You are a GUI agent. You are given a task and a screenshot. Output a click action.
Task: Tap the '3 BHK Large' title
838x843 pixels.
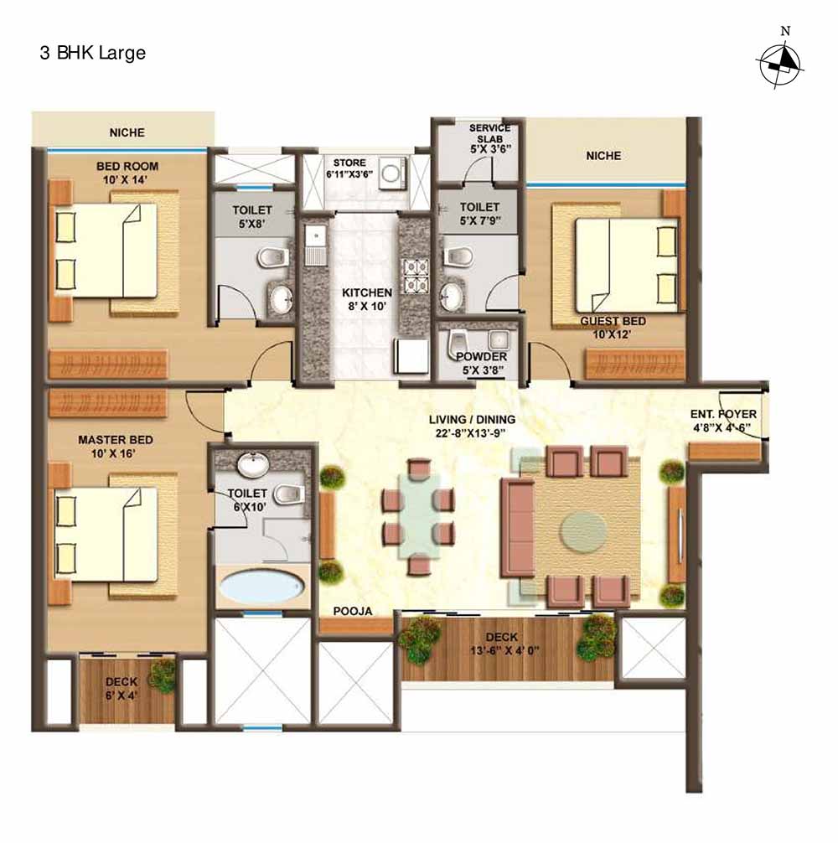click(x=92, y=54)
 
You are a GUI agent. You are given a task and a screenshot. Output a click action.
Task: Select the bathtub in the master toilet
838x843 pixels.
click(x=261, y=586)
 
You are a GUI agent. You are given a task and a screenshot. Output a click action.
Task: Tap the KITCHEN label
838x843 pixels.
click(x=367, y=293)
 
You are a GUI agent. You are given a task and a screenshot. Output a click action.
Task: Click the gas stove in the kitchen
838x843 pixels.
click(x=416, y=275)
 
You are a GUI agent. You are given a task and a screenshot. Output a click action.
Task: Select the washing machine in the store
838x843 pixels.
click(x=391, y=173)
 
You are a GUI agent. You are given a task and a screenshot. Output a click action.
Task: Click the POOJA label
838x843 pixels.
click(x=353, y=611)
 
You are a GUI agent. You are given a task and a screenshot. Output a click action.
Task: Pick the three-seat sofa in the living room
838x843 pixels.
click(x=518, y=528)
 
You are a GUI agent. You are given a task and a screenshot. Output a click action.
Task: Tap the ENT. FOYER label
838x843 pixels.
click(x=723, y=415)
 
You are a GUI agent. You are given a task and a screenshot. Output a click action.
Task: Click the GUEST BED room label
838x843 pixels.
click(x=613, y=321)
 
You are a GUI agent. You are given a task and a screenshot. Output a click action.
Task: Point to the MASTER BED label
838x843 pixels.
click(x=116, y=440)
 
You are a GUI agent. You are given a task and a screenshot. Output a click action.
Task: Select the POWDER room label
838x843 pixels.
click(x=482, y=356)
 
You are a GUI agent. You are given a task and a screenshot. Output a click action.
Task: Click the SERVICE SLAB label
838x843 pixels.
click(x=489, y=133)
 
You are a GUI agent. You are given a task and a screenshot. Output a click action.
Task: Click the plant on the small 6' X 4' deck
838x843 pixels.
click(x=163, y=675)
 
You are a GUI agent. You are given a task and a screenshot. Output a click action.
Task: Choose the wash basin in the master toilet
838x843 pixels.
click(x=253, y=465)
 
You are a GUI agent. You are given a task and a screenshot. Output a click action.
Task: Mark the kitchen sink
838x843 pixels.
click(x=315, y=246)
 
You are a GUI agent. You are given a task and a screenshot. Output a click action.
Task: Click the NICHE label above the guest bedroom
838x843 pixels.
click(x=603, y=156)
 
